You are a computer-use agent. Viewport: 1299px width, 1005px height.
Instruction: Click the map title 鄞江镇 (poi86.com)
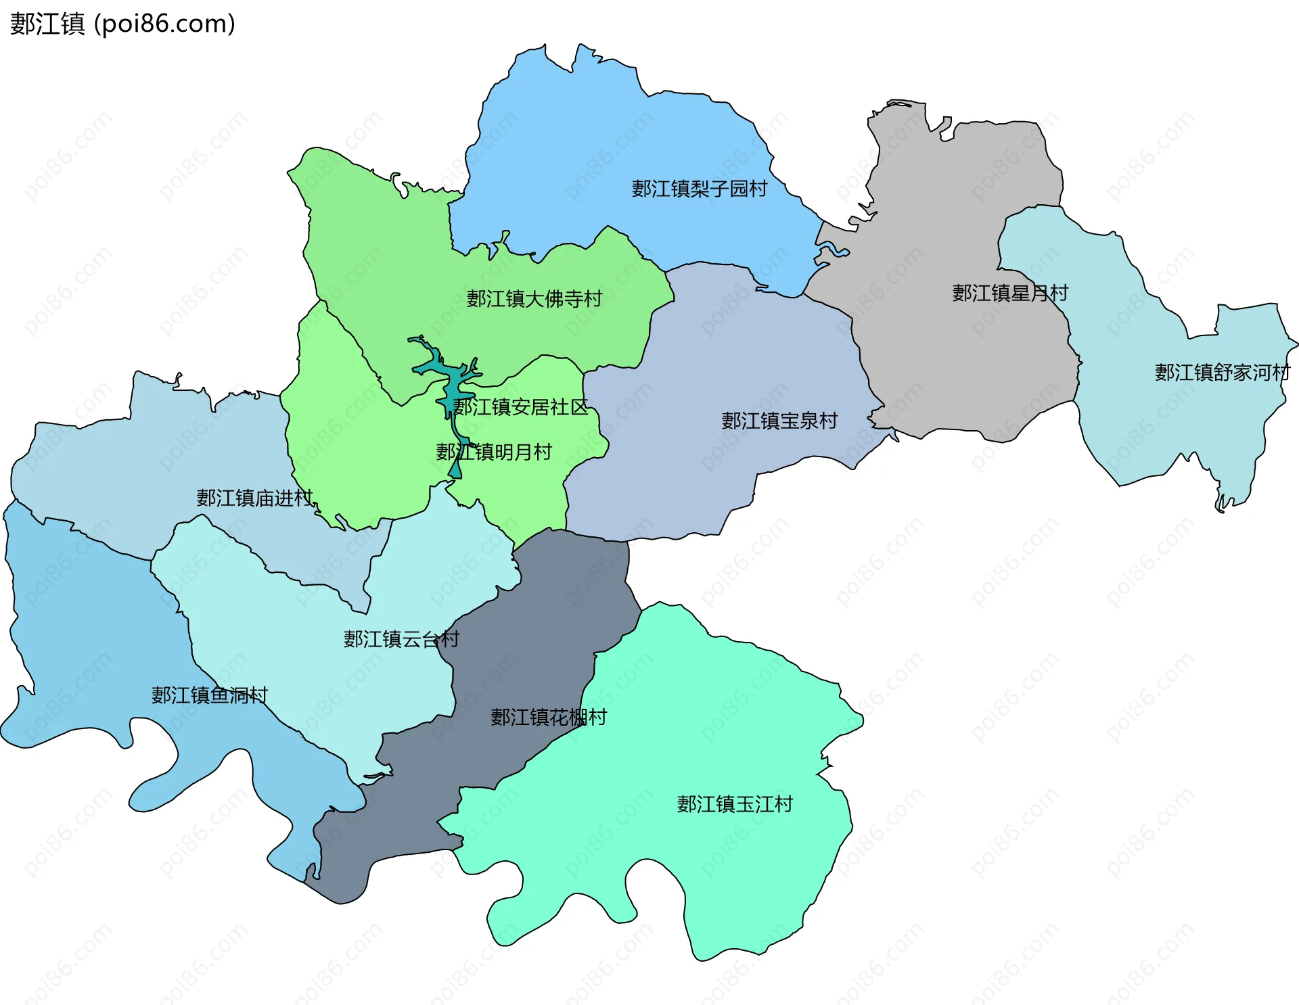coord(122,24)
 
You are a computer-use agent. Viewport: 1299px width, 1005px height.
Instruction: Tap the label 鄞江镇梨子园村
coord(699,189)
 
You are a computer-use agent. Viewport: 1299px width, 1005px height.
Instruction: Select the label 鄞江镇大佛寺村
coord(534,299)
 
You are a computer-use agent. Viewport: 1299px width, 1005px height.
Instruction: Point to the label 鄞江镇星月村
coord(1009,294)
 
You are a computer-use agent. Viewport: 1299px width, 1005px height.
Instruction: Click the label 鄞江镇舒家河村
coord(1221,373)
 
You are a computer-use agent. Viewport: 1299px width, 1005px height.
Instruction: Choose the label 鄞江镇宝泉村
coord(779,421)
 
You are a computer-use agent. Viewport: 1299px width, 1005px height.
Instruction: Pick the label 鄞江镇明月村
coord(494,452)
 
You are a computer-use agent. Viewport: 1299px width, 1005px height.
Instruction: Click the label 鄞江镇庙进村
coord(254,498)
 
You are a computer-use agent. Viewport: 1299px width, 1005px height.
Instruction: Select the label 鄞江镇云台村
coord(401,639)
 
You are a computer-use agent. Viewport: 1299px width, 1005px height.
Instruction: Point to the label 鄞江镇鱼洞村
coord(209,695)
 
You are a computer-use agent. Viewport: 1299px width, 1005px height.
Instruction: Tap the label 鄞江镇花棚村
coord(548,718)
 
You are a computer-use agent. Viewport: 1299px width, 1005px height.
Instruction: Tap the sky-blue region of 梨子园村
coord(609,135)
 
